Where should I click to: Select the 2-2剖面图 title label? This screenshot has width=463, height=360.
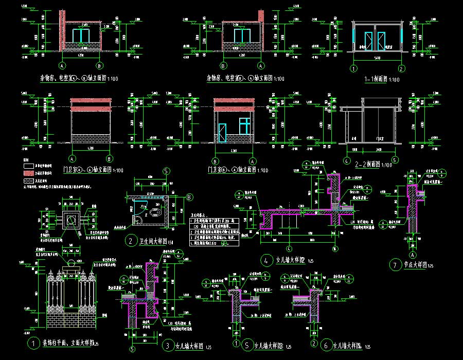click(x=373, y=164)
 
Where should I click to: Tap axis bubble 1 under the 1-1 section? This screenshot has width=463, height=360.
click(x=354, y=68)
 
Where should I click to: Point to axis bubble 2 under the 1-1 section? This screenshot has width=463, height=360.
click(x=401, y=68)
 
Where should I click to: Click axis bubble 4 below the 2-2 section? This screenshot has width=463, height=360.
click(x=348, y=152)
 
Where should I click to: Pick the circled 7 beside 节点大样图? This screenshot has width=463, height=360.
click(x=395, y=265)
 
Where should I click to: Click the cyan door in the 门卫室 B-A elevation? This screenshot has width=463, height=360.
click(x=222, y=132)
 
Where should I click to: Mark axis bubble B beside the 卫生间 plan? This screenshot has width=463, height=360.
click(x=189, y=197)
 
